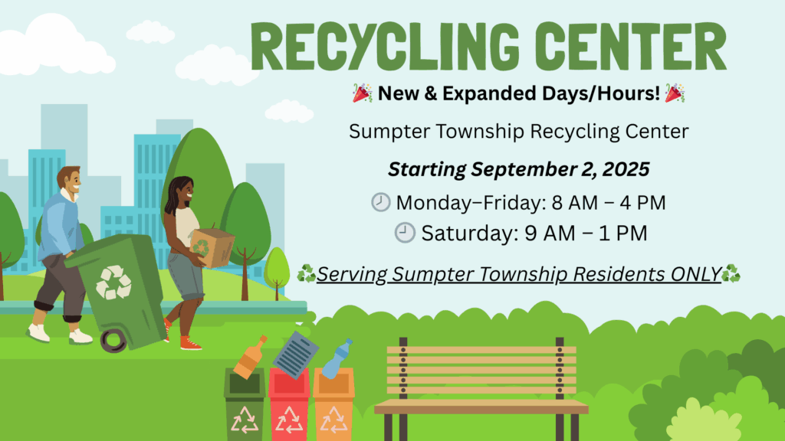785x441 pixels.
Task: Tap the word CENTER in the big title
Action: point(632,47)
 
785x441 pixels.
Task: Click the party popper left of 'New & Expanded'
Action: point(363,93)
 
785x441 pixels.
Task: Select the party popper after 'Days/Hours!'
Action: point(675,93)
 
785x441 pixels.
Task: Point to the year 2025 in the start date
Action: point(626,169)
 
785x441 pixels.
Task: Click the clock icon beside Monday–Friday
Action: point(380,202)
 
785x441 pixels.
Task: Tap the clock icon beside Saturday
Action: point(405,233)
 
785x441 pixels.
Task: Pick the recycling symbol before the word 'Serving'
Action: point(307,274)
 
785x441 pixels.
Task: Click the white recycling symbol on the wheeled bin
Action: point(113,282)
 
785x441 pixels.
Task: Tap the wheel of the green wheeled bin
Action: point(113,341)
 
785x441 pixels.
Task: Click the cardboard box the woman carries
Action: point(212,247)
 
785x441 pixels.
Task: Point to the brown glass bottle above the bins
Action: point(251,357)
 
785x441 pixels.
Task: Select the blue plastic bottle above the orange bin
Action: point(337,358)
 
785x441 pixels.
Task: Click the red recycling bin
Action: point(289,404)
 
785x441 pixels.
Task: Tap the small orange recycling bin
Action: point(333,404)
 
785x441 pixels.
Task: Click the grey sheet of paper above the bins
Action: point(295,354)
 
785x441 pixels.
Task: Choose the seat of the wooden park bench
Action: point(481,407)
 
